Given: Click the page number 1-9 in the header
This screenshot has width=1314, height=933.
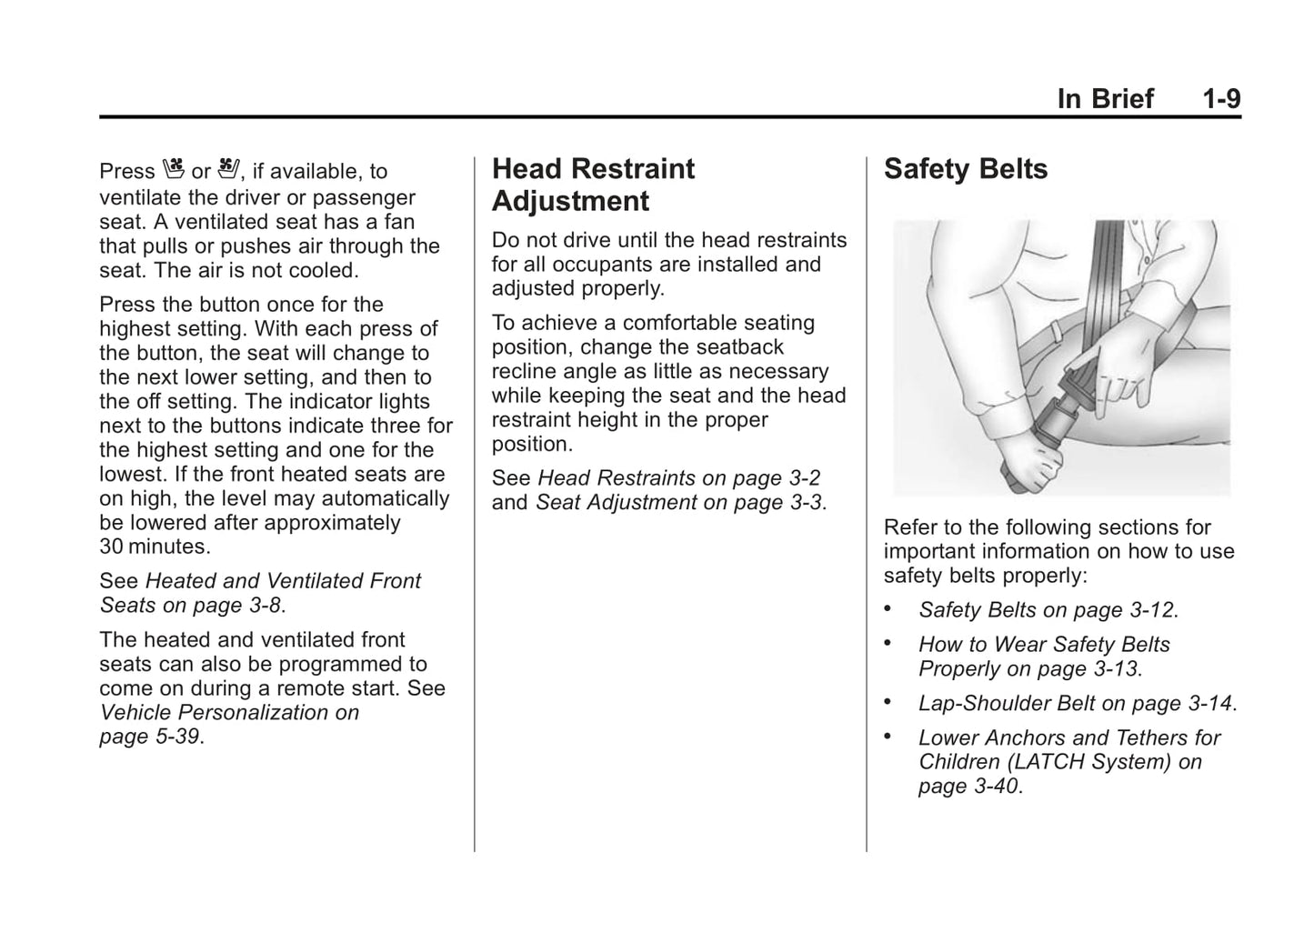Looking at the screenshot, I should (1221, 99).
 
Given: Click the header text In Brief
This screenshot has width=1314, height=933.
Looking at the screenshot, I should (1105, 99).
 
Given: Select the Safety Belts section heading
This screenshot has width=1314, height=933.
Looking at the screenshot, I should (965, 169).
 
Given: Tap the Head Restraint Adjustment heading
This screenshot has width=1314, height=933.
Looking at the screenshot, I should (593, 185).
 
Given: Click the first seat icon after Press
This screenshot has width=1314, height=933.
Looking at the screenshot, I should (174, 169).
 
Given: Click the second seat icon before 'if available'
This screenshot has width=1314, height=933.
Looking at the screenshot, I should (227, 169).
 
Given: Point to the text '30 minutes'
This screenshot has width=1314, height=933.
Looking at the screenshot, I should (154, 547).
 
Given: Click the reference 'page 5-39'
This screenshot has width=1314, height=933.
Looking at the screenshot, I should (149, 737).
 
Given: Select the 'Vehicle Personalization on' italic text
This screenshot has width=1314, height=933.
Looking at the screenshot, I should (229, 712).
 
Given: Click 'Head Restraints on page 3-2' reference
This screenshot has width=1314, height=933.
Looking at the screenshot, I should (679, 478).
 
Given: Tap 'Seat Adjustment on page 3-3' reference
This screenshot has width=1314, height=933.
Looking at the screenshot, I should (679, 503).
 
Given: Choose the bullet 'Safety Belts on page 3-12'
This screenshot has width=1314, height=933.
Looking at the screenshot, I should (1047, 610).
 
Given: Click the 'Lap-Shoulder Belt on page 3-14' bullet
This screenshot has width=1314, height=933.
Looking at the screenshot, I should (1076, 704).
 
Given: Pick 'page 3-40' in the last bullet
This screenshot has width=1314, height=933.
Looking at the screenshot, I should (968, 787).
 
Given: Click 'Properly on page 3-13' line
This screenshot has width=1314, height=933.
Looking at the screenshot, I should (1028, 669).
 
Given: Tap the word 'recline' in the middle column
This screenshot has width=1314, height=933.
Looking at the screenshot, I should (523, 371).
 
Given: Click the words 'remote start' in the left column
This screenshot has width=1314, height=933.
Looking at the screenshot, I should (340, 688).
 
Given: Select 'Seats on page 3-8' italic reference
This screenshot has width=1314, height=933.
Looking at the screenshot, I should (191, 605).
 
